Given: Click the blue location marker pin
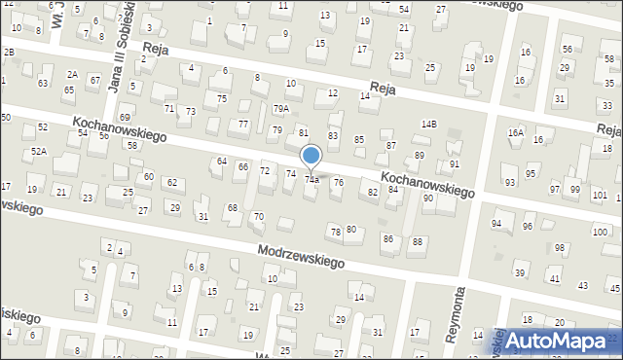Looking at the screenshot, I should click(x=311, y=156).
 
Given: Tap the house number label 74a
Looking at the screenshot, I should click(x=311, y=179).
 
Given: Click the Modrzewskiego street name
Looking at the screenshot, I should click(x=303, y=257).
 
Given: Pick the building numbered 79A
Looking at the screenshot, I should click(x=280, y=109).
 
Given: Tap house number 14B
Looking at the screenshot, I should click(x=429, y=125).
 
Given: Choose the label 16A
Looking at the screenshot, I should click(x=516, y=132).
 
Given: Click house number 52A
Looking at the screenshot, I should click(x=38, y=151).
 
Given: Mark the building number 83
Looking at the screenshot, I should click(x=333, y=135).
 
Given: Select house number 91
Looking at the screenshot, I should click(x=454, y=163).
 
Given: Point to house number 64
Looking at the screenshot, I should click(x=222, y=161).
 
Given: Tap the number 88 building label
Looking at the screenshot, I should click(x=418, y=241).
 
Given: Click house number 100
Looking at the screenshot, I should click(x=600, y=231).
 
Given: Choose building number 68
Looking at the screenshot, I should click(x=233, y=207).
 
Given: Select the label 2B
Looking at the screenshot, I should click(x=9, y=51).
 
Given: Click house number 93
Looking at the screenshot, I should click(x=510, y=182).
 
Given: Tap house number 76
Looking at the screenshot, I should click(x=338, y=182).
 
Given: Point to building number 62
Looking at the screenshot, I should click(x=171, y=183).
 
